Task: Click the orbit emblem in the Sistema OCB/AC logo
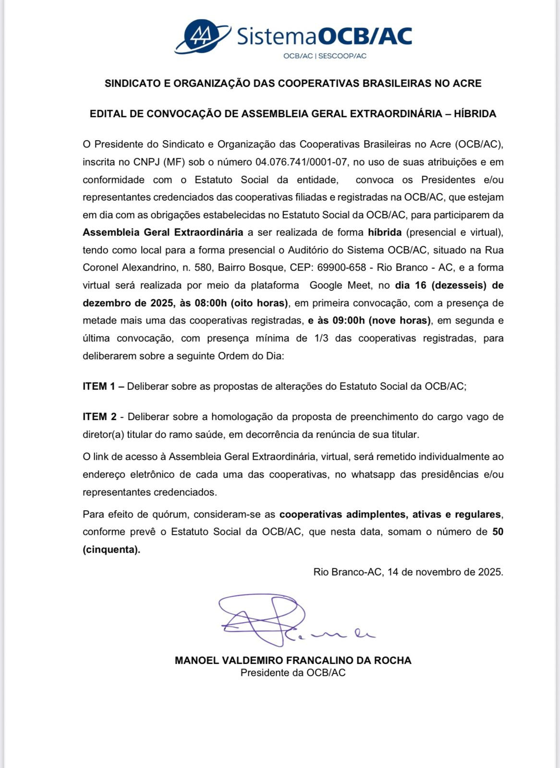click(202, 36)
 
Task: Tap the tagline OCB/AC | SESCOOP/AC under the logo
click(325, 56)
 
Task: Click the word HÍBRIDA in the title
click(475, 114)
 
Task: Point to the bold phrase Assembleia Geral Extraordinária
click(163, 232)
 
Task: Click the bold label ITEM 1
click(99, 386)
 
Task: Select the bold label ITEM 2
click(99, 417)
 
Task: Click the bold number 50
click(498, 531)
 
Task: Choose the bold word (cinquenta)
click(111, 549)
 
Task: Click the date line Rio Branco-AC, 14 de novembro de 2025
click(408, 572)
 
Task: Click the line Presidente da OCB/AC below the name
click(293, 672)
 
